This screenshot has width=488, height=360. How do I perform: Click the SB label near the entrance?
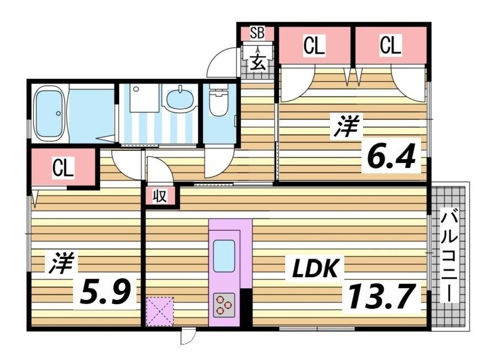coord(257,33)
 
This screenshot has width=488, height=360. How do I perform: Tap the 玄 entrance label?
coord(258,61)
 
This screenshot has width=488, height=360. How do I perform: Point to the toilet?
coord(220,100)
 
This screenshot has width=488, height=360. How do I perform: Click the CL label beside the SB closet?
coord(313,46)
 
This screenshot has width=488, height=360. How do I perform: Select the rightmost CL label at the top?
coord(390,46)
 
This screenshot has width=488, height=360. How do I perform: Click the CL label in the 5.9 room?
coord(63,168)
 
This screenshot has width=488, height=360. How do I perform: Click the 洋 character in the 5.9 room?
coord(60,263)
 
